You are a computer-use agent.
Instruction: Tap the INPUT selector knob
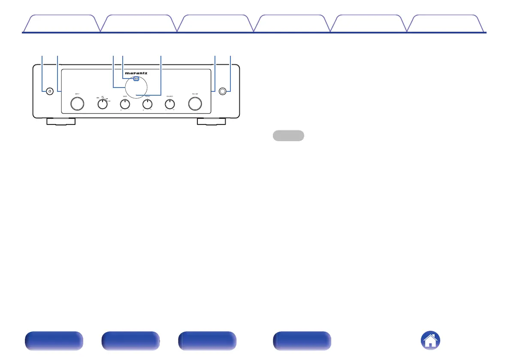[x=77, y=103]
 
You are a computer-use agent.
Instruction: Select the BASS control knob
[x=124, y=103]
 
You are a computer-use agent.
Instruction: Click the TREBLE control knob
[x=148, y=103]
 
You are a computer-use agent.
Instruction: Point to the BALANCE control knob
[x=170, y=103]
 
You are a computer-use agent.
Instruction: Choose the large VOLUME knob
[x=195, y=103]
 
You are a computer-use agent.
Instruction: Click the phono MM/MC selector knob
[x=102, y=103]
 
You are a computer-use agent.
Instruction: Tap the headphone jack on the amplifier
[x=222, y=91]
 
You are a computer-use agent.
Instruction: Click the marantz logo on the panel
[x=136, y=73]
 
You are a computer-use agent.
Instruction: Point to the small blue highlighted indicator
[x=136, y=79]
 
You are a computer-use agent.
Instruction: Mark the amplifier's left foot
[x=60, y=121]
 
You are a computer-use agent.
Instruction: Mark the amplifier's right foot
[x=212, y=121]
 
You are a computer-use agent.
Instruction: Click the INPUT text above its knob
[x=77, y=93]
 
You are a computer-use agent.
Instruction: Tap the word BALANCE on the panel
[x=170, y=96]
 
